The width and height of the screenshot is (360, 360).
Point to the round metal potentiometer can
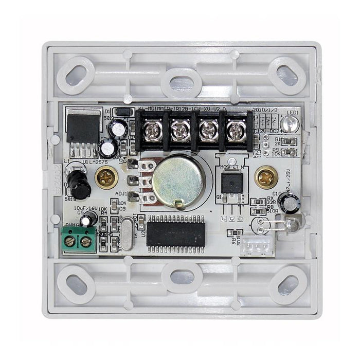pos(178,180)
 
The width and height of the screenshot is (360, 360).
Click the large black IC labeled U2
pos(175,233)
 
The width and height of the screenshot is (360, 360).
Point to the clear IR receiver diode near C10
pos(292,224)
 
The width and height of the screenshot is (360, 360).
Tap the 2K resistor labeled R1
pos(290,141)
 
